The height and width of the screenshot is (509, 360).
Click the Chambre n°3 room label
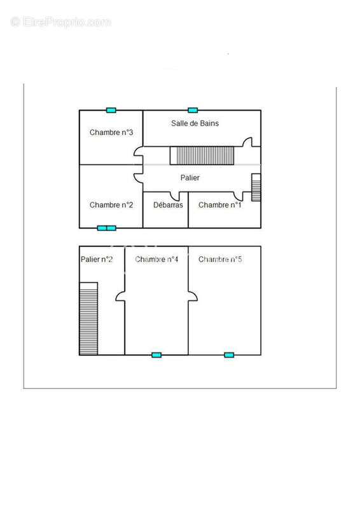[111, 132]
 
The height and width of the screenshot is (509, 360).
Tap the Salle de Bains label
[195, 123]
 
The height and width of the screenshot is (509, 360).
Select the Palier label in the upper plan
[190, 178]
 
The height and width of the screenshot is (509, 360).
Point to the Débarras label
[168, 205]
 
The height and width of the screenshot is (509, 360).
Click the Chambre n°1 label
[220, 205]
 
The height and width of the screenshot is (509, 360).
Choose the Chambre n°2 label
[111, 205]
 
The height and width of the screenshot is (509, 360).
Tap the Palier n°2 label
[97, 260]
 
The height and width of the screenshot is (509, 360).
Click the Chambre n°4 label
[156, 260]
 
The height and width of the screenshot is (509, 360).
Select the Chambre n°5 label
[220, 260]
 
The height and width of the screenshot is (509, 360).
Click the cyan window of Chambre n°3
[111, 110]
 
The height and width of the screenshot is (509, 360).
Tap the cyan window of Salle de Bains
[193, 110]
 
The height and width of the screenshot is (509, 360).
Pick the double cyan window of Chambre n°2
[106, 228]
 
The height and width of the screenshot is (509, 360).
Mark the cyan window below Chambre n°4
[156, 355]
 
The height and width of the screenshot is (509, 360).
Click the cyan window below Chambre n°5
[229, 355]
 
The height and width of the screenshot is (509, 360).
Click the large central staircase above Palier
[202, 155]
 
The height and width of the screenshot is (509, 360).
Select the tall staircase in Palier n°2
[88, 319]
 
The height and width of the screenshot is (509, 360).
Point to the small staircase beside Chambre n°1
[256, 187]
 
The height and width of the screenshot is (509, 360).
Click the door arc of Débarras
[175, 197]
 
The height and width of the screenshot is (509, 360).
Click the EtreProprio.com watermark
[60, 22]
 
